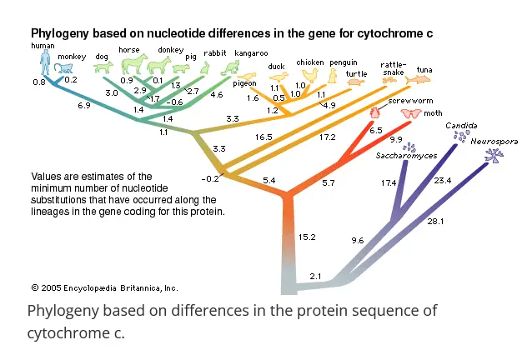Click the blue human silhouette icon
(x=45, y=62)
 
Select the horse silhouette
(x=134, y=63)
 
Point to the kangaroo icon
(x=230, y=68)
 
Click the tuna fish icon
(x=418, y=79)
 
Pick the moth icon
(x=411, y=114)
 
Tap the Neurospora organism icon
(x=494, y=155)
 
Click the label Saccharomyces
(x=406, y=156)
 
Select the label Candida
(x=461, y=126)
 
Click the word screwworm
(x=410, y=101)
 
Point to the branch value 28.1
(x=435, y=222)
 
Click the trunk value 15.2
(x=307, y=237)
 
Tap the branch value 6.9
(x=84, y=106)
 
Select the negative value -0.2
(x=210, y=179)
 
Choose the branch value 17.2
(x=327, y=137)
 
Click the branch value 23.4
(x=443, y=180)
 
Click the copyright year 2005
(x=51, y=287)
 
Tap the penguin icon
(x=333, y=76)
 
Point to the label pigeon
(x=244, y=83)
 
